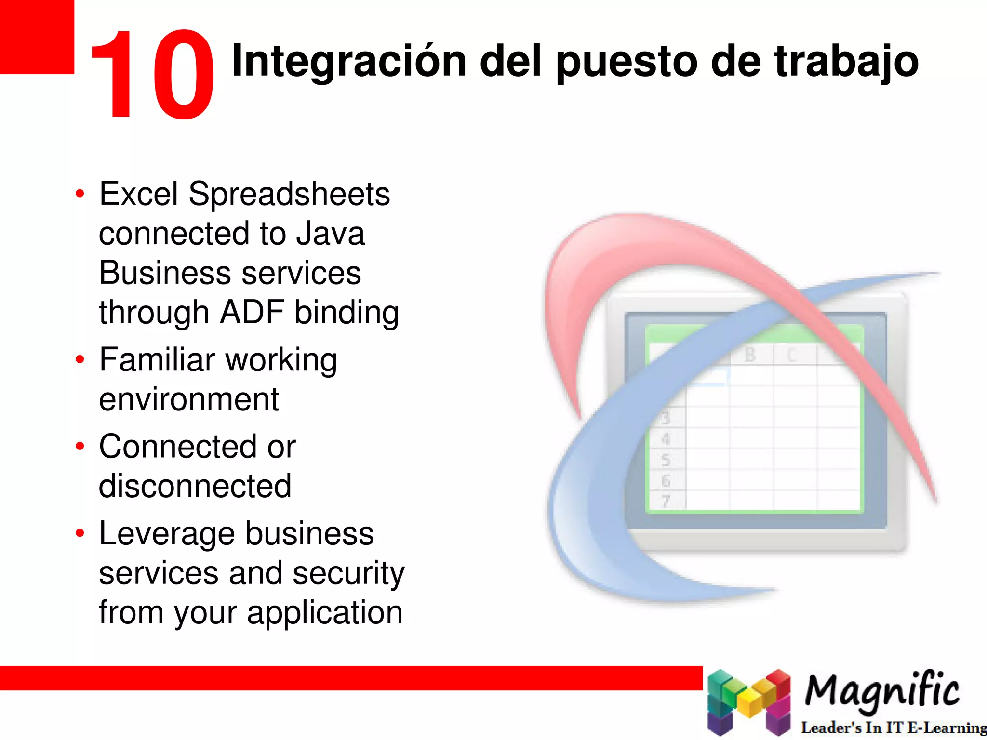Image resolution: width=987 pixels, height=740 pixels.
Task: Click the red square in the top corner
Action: coord(37,37)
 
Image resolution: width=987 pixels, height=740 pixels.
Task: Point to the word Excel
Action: coord(139,194)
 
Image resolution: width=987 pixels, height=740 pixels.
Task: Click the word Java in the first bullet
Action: coord(330,234)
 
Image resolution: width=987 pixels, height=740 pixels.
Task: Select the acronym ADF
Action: coord(252,312)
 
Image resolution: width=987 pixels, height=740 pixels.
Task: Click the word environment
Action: coord(189,399)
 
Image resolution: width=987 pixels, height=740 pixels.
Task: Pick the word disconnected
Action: coord(195,486)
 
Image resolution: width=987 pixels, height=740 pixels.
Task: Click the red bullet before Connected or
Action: coord(80,446)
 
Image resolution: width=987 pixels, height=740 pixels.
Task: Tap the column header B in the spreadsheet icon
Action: coord(750,355)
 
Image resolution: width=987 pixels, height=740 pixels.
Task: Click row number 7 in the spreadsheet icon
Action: coord(666,502)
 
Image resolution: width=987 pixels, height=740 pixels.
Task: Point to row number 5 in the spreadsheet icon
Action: coord(666,460)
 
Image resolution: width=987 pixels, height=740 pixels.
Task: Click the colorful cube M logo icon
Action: coord(748,702)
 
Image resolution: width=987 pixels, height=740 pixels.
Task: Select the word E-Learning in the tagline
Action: coord(947,727)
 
